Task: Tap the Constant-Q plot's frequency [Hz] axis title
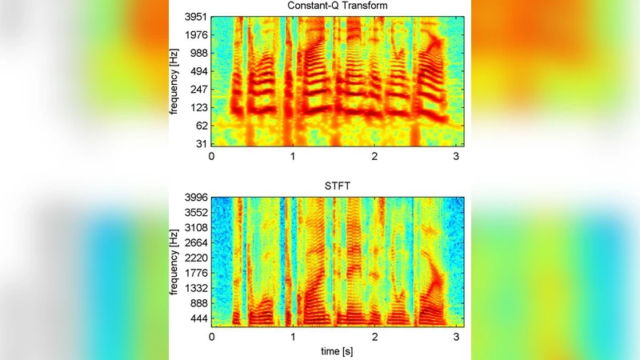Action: tap(174, 80)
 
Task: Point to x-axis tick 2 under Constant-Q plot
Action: tap(374, 157)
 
